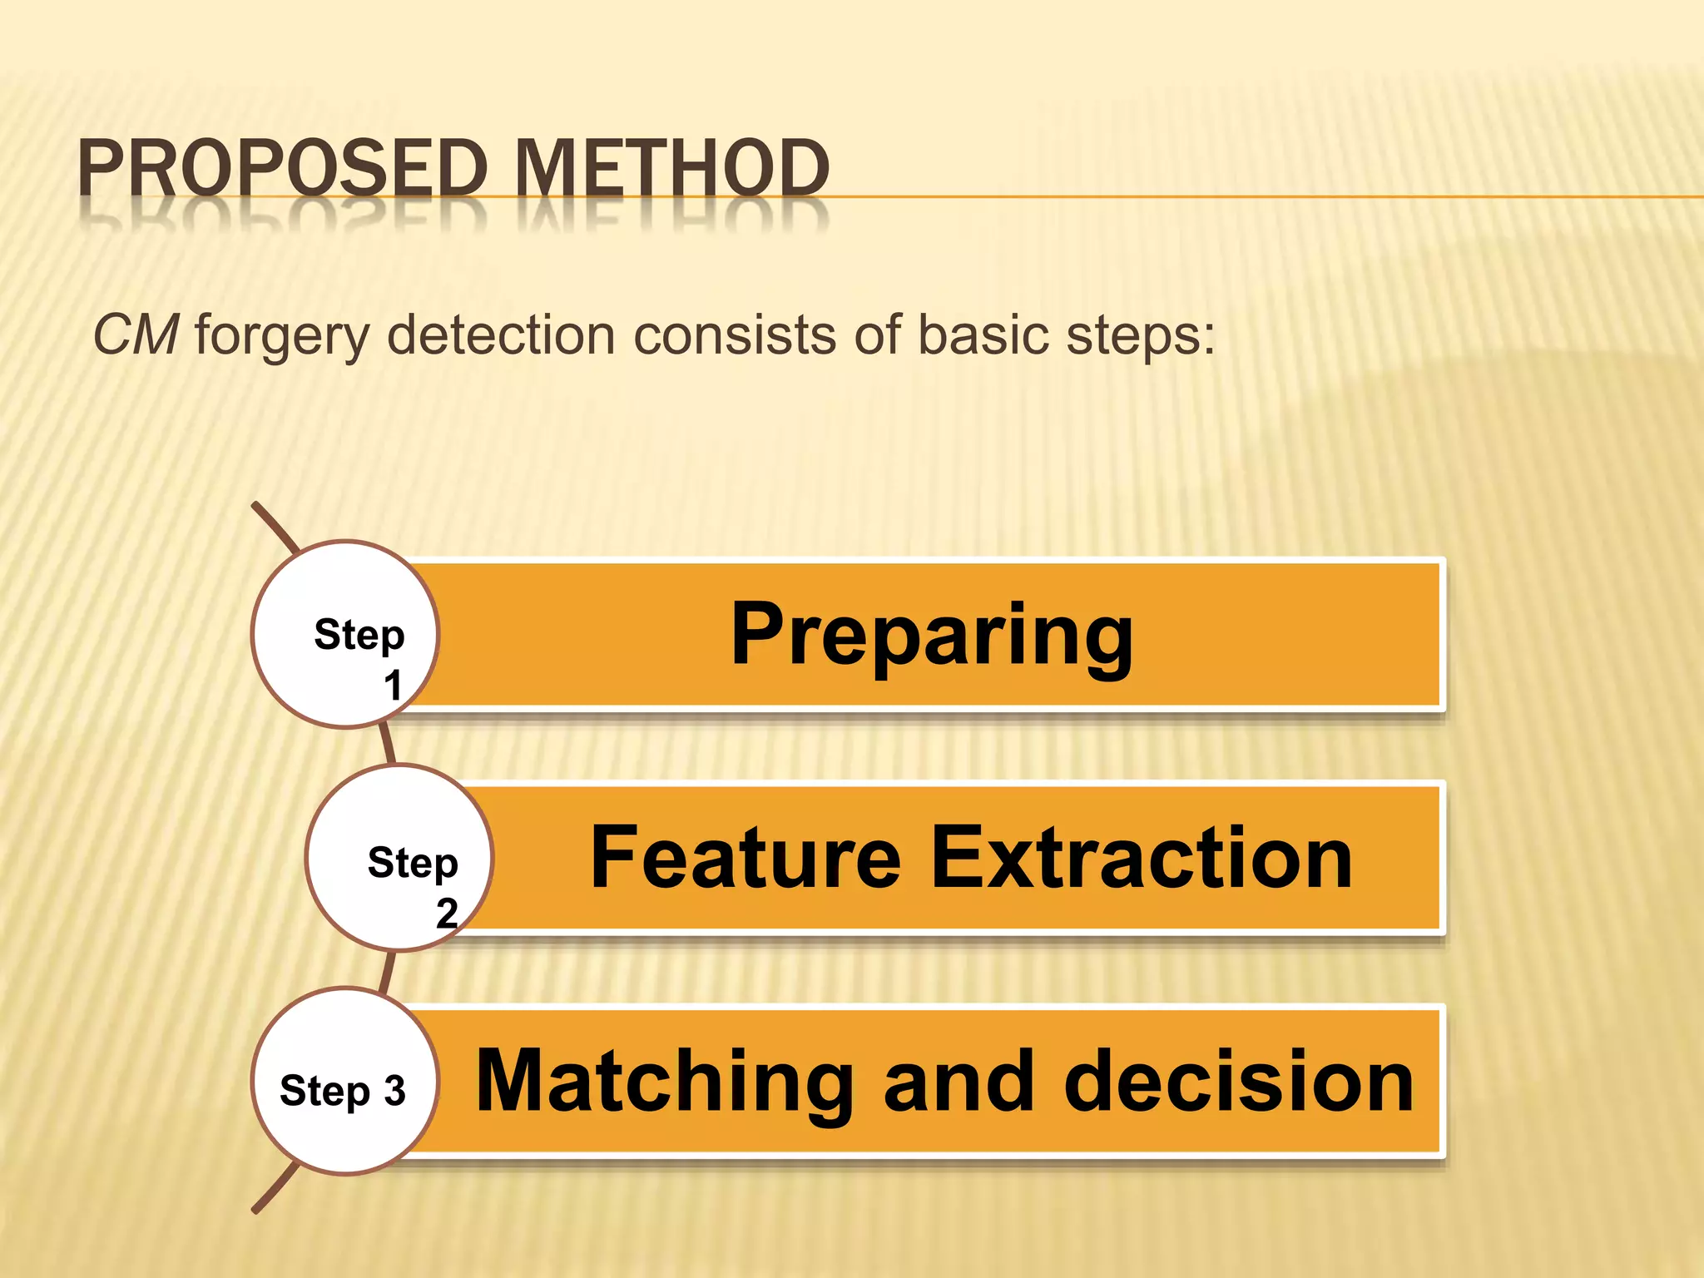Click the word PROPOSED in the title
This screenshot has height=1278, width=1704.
click(281, 168)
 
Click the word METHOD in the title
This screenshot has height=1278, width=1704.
click(671, 168)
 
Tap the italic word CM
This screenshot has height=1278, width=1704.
click(136, 335)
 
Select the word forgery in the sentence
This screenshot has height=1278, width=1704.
click(282, 337)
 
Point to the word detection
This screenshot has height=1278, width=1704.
click(501, 335)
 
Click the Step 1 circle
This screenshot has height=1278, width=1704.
click(344, 635)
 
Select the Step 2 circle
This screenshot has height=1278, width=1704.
click(399, 858)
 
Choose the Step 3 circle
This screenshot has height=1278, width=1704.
click(344, 1082)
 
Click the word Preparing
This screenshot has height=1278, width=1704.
click(932, 636)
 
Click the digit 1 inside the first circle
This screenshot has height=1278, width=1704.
click(393, 686)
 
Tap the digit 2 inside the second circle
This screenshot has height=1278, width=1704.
click(447, 914)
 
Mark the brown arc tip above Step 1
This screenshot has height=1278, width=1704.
click(257, 507)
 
